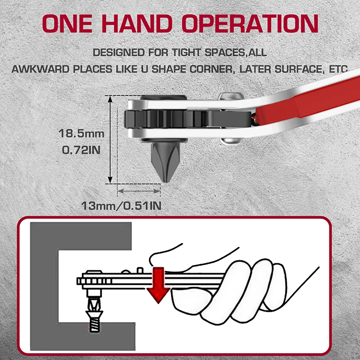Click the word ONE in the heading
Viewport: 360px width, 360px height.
point(67,23)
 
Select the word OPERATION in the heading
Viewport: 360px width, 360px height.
point(250,23)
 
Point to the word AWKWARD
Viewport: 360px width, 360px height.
point(40,69)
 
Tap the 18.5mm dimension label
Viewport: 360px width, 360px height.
point(81,133)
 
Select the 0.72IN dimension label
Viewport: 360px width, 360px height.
point(81,150)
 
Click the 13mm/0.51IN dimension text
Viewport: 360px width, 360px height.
point(121,206)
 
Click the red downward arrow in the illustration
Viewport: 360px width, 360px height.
point(158,285)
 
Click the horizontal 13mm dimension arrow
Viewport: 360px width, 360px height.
point(139,191)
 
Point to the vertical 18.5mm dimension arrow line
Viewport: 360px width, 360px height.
point(110,139)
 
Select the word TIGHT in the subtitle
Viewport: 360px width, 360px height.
point(186,53)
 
